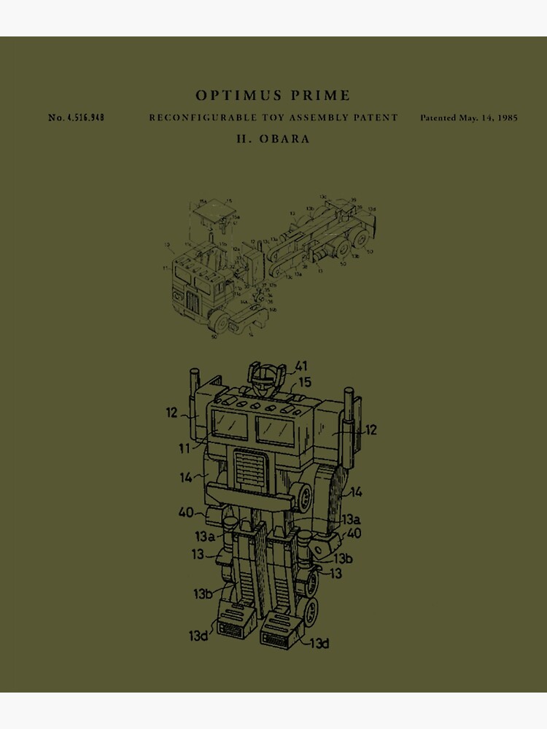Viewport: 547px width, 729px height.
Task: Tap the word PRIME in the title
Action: click(318, 95)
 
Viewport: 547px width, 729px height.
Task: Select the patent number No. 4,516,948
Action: click(76, 117)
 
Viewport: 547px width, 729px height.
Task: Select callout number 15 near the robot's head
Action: click(305, 383)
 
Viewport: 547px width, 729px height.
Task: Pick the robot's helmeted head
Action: click(263, 376)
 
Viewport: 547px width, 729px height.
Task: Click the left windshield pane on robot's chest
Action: click(230, 424)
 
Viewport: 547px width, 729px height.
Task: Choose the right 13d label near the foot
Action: click(319, 643)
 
